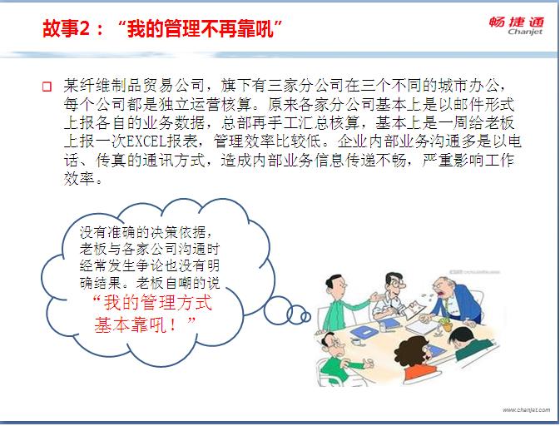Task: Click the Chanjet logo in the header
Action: coord(517,26)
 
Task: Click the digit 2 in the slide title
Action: coord(84,28)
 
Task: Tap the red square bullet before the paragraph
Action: coord(47,87)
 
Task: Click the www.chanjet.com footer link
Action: coord(526,409)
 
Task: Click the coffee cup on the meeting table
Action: coord(356,342)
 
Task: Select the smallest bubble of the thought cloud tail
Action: coord(305,316)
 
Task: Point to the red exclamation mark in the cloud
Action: coord(173,324)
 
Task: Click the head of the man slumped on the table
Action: coord(460,337)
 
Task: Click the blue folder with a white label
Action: coord(364,333)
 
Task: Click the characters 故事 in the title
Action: coord(61,28)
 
